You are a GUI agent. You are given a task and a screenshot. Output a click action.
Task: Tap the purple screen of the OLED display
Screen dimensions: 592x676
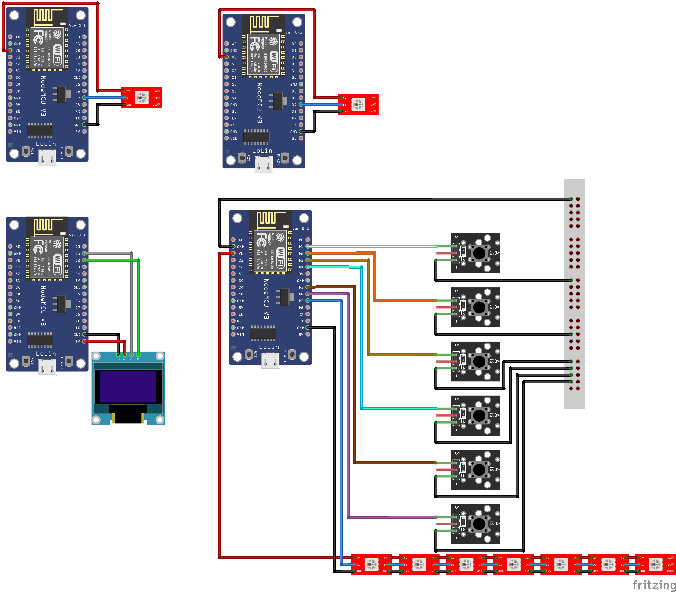128,387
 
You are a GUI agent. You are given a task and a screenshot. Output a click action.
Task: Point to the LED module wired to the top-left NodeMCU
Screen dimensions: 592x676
142,98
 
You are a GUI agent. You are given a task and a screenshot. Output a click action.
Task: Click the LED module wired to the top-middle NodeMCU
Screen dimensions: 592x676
358,104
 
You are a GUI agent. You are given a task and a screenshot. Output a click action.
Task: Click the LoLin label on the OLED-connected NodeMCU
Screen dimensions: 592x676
46,354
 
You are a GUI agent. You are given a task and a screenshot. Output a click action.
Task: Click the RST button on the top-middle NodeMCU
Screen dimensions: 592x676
242,158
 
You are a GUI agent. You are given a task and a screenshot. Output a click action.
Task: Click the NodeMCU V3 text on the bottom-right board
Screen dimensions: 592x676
266,299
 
